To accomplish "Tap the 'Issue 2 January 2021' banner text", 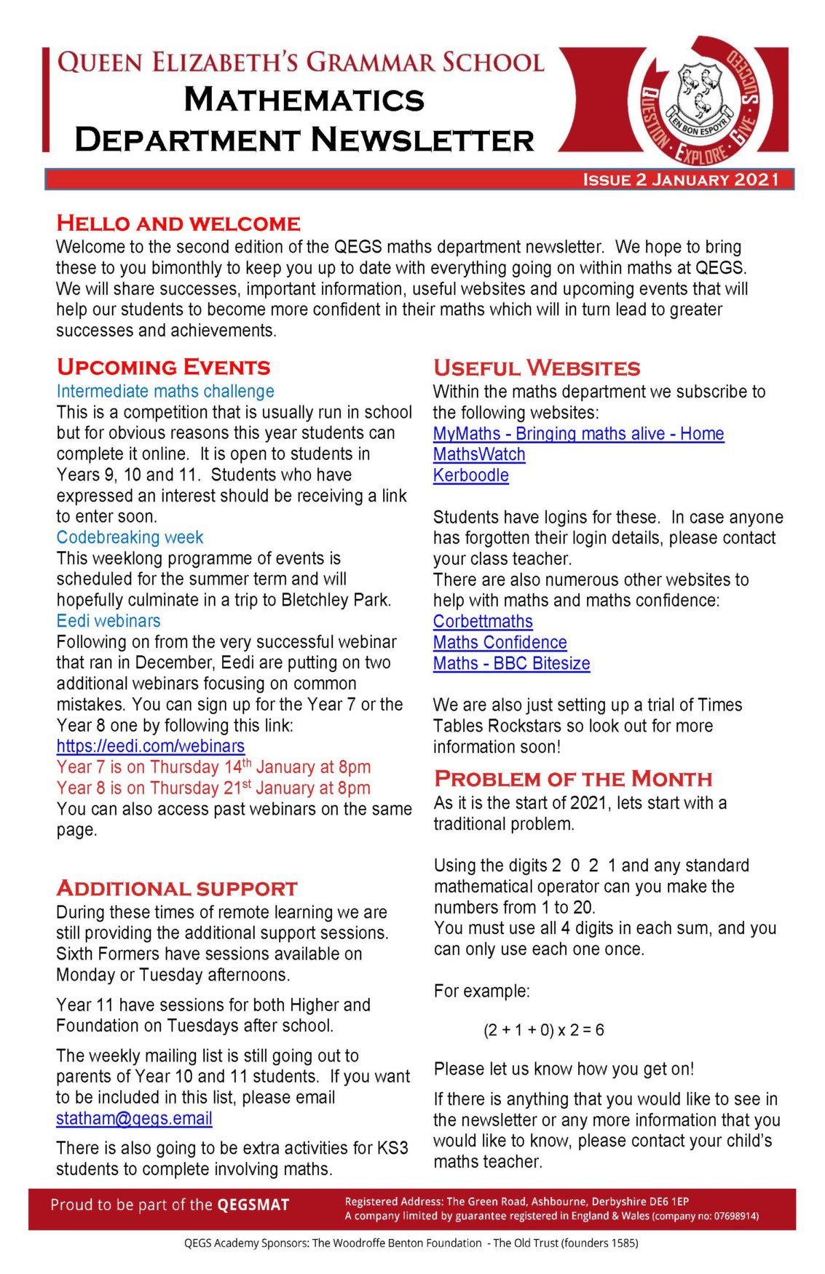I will tap(681, 180).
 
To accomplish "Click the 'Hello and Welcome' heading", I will tap(178, 223).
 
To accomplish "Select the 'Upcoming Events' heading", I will tap(164, 367).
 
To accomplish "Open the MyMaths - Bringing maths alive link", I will tap(578, 434).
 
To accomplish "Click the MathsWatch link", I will tap(479, 454).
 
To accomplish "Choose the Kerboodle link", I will tap(470, 475).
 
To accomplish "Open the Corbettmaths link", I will tap(483, 622).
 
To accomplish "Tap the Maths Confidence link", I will tap(500, 643).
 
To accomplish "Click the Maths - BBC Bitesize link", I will tap(511, 664).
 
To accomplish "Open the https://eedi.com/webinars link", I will tap(151, 746).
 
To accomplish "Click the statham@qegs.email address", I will tap(134, 1118).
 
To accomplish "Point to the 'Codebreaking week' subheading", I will tap(130, 537).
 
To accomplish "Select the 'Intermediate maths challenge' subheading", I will tap(165, 391).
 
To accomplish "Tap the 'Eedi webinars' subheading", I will tap(108, 621).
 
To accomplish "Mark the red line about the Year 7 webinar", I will tap(213, 767).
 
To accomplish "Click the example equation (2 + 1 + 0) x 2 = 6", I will tap(543, 1030).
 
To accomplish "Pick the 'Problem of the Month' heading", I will tap(573, 779).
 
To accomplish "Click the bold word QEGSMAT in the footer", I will tap(253, 1205).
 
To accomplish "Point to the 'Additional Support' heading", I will tap(177, 889).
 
